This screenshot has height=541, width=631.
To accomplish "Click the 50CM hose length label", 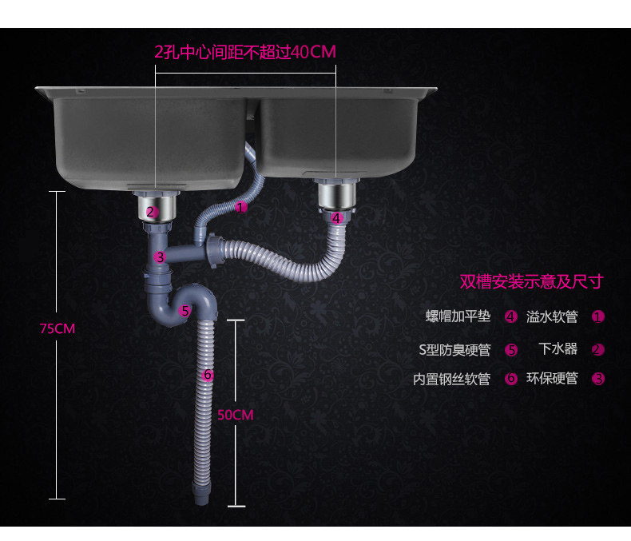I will coord(235,415).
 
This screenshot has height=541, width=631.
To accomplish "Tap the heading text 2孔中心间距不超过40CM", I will coord(244,52).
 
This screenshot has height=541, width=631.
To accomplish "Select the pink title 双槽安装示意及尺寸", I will coord(530,281).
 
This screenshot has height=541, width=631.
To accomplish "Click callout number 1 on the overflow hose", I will coord(242,207).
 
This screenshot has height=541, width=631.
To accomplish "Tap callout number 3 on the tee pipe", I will coord(160,257).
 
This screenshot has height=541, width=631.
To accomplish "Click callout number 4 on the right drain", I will coord(336,217).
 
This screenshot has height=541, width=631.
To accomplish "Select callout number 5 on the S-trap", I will coord(185,311).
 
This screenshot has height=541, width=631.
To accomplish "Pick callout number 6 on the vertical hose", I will coord(207,374).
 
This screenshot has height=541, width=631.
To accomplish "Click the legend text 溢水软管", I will coord(551,316).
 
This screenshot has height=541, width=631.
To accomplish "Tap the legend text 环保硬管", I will coord(551,379).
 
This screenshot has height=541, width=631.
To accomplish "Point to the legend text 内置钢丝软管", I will coord(451,379).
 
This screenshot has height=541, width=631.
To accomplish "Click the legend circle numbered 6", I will coord(511,379).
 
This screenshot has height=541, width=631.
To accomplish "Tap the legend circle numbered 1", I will coord(597,316).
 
